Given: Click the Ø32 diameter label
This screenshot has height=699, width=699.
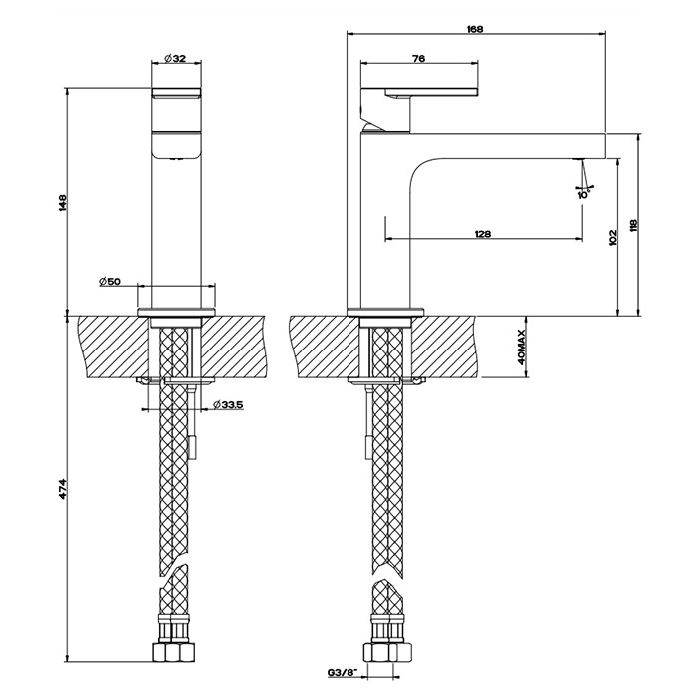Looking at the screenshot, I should [175, 58].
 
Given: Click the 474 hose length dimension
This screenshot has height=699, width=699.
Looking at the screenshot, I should [62, 489].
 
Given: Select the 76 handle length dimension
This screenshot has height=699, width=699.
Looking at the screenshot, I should [419, 60].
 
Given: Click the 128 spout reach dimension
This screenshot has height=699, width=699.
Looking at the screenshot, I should [482, 234].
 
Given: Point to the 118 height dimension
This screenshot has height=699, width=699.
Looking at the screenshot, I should [633, 225].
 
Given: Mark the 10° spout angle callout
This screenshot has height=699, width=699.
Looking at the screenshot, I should [582, 193].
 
